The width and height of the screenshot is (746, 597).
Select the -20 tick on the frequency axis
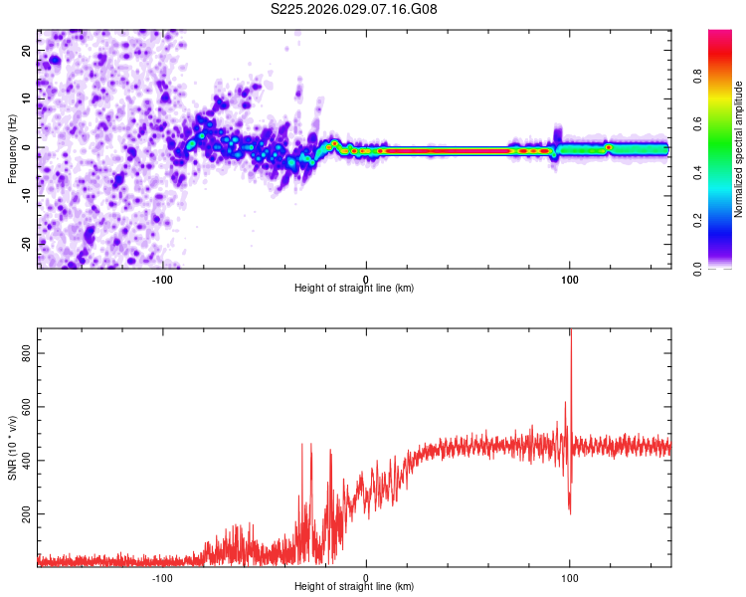coord(25,243)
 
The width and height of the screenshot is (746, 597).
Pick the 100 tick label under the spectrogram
coord(570,279)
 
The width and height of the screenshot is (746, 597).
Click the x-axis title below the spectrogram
coord(354,289)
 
